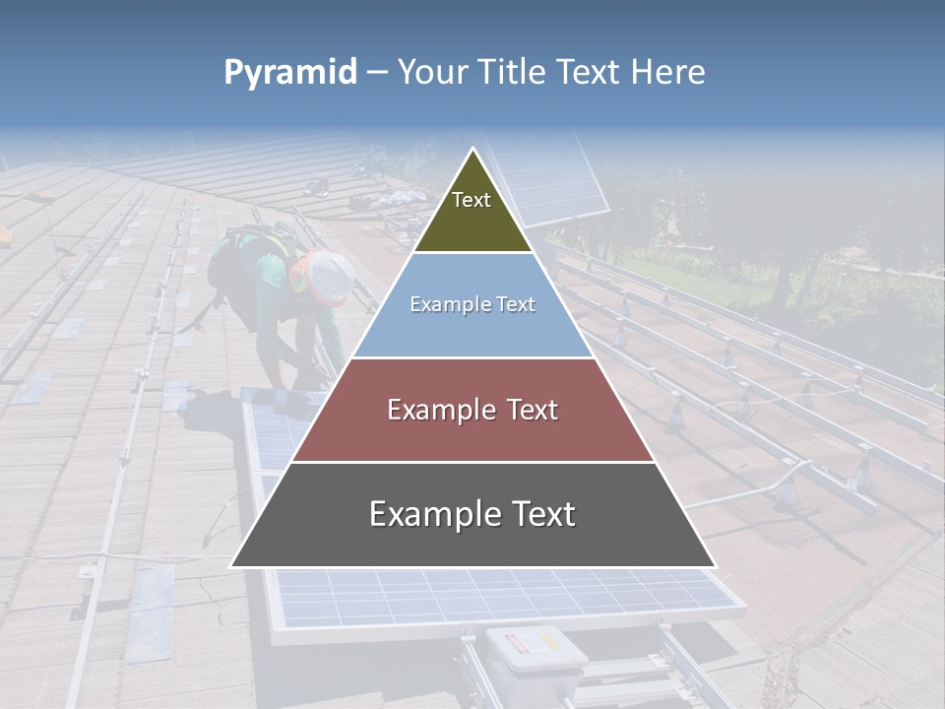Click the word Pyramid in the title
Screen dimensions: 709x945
[x=289, y=73]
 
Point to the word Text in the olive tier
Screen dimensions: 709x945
[x=472, y=200]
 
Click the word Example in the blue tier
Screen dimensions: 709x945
[x=446, y=304]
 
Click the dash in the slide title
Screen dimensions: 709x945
[x=376, y=72]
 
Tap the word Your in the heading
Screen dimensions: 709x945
[x=433, y=72]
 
